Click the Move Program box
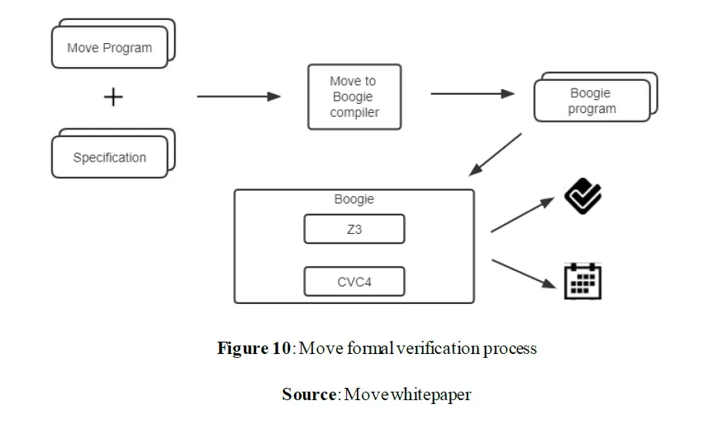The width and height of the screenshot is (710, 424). [109, 48]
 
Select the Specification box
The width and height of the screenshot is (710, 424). [109, 157]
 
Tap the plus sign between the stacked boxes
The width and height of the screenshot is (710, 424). [113, 97]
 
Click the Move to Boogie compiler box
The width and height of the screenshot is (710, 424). [355, 97]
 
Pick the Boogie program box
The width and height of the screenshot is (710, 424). [592, 101]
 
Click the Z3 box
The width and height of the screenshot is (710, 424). [355, 229]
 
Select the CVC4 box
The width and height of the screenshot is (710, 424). [355, 282]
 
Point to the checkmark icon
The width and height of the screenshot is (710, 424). [583, 195]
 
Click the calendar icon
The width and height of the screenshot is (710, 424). [583, 281]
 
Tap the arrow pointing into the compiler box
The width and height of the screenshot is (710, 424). [238, 96]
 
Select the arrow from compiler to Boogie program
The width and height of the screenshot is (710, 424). [473, 94]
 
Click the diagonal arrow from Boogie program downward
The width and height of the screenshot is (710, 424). [495, 155]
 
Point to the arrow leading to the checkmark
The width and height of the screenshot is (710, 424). [522, 215]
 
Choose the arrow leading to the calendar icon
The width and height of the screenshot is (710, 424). [524, 274]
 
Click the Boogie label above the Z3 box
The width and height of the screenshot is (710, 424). [354, 199]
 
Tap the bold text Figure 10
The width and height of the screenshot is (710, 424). [254, 349]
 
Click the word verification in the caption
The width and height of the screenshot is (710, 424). [438, 349]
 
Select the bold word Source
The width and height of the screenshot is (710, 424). [308, 394]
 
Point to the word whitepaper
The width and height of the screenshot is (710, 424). [431, 395]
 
